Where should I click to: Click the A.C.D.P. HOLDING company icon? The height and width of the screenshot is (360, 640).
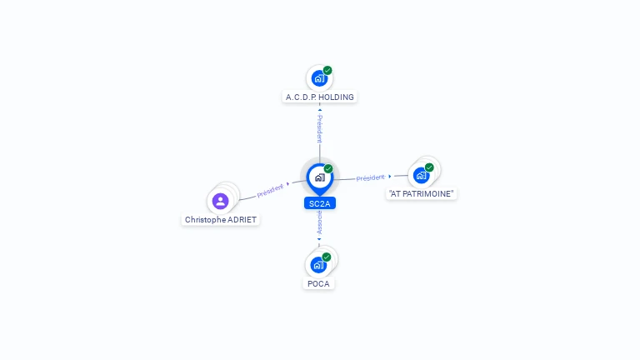(x=319, y=78)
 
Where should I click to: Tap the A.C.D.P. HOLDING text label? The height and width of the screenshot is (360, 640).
(x=320, y=97)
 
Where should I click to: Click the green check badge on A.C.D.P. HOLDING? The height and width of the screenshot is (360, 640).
(x=327, y=70)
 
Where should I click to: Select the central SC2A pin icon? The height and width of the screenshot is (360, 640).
(x=320, y=178)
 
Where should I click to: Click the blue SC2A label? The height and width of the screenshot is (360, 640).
(x=320, y=203)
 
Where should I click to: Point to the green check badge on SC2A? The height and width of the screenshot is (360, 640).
(x=328, y=168)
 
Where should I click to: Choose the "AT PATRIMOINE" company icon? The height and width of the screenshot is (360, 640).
(x=421, y=176)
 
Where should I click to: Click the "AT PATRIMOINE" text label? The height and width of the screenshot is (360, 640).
(x=421, y=194)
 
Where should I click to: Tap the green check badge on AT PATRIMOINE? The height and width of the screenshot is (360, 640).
(x=429, y=167)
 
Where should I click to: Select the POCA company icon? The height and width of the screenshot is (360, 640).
(x=318, y=265)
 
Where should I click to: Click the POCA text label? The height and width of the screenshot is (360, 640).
(x=318, y=283)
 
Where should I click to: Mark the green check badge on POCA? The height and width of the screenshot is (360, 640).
(x=326, y=257)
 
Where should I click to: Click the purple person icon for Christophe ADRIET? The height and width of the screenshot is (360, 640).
(x=220, y=201)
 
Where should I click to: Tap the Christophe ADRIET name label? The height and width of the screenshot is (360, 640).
(x=221, y=220)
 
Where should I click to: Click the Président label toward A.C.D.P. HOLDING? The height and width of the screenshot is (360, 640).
(x=320, y=128)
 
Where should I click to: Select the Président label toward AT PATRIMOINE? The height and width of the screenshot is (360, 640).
(x=370, y=178)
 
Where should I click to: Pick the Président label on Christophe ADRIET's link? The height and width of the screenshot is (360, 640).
(x=270, y=191)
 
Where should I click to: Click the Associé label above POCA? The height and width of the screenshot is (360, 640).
(x=319, y=222)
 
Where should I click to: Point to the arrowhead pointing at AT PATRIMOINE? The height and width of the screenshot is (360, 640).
(x=390, y=177)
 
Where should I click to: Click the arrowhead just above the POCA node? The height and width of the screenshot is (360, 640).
(x=319, y=240)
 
